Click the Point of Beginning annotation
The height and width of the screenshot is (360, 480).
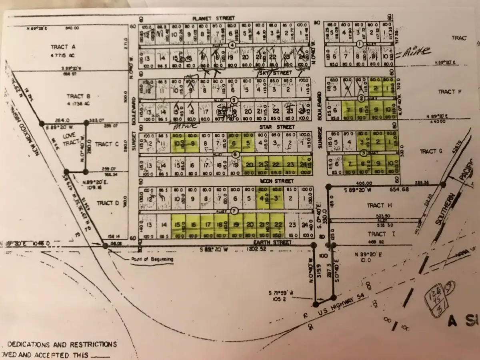point(152,259)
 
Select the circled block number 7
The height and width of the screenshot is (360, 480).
point(235,211)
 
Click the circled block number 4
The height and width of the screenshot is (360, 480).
point(232,45)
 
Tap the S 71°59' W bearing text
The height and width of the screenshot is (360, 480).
point(282,294)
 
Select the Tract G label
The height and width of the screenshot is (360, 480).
point(428,151)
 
